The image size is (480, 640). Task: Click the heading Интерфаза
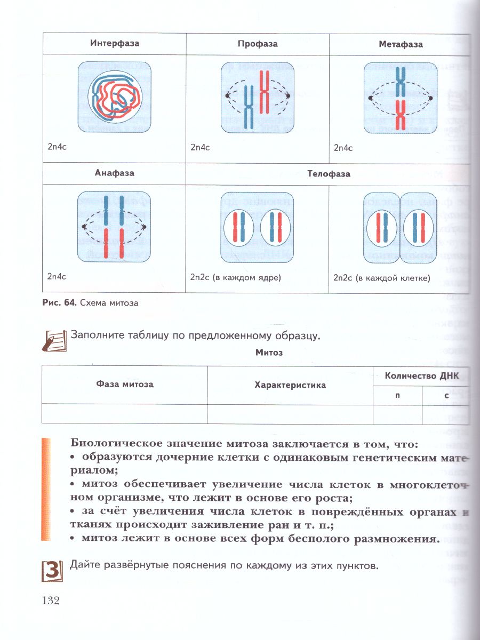(114, 43)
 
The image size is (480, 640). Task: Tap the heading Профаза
(258, 44)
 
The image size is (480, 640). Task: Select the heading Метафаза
(400, 45)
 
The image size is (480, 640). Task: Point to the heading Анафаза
(114, 173)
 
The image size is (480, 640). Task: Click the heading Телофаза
(329, 174)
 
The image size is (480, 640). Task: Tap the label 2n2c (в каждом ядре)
(235, 277)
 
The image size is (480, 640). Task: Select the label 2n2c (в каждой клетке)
(381, 278)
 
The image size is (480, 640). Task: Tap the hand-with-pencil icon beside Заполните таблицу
(54, 340)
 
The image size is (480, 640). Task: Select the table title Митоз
(269, 353)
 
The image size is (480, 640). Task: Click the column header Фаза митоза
(125, 384)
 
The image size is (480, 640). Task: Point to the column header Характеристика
(290, 385)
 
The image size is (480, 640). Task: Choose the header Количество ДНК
(421, 375)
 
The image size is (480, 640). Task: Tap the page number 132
(50, 601)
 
